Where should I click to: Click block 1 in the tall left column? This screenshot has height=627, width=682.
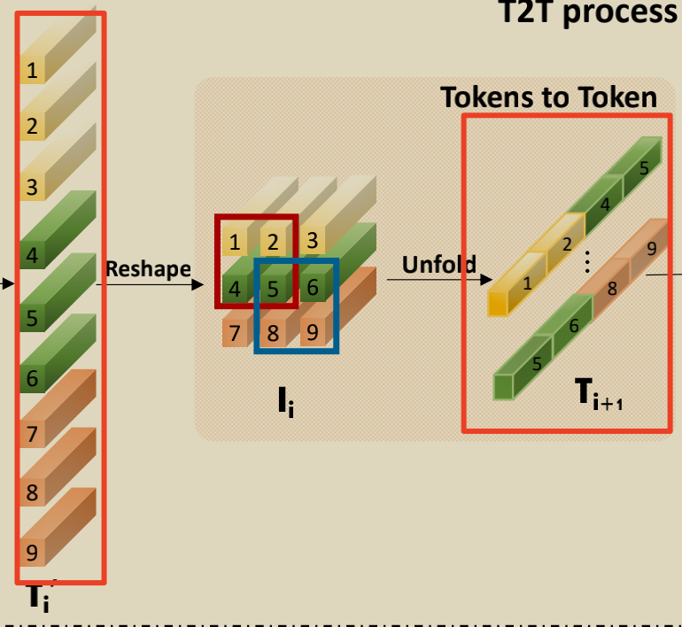pyautogui.click(x=33, y=70)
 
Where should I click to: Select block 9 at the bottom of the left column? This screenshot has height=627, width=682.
pyautogui.click(x=33, y=553)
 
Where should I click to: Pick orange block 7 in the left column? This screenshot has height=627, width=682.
pyautogui.click(x=33, y=434)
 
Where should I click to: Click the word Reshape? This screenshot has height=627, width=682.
pyautogui.click(x=148, y=268)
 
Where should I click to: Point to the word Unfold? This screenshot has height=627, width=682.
pyautogui.click(x=438, y=264)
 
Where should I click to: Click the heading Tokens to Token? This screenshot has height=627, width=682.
pyautogui.click(x=549, y=97)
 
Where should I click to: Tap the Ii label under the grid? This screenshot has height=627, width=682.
pyautogui.click(x=283, y=403)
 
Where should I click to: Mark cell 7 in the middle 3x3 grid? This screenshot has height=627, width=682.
pyautogui.click(x=235, y=334)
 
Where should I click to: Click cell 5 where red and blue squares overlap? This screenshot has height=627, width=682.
pyautogui.click(x=274, y=288)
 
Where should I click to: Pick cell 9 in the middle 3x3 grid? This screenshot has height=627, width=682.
pyautogui.click(x=312, y=334)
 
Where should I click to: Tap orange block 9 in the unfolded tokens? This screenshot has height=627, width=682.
pyautogui.click(x=651, y=249)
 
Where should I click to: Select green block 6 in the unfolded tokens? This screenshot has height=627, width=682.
pyautogui.click(x=573, y=326)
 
